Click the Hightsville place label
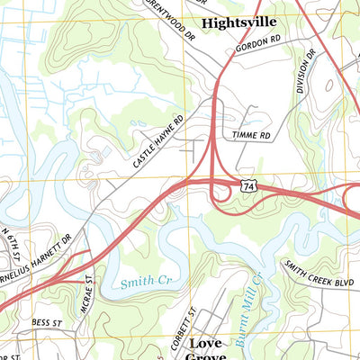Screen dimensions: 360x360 (238, 22)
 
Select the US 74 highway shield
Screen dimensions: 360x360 (249, 184)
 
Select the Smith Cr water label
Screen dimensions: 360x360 (144, 282)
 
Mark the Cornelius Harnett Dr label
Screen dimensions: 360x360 (36, 256)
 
